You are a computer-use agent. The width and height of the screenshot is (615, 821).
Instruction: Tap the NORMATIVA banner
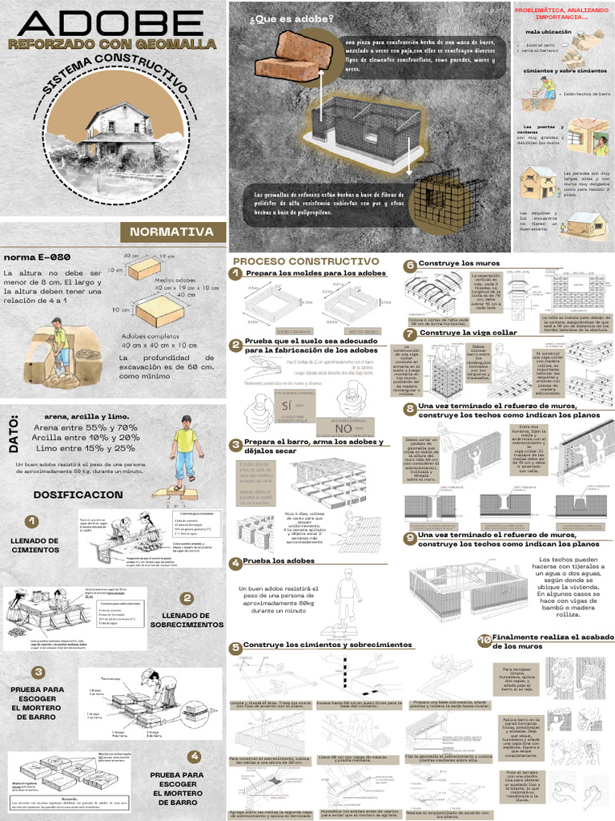coord(171,232)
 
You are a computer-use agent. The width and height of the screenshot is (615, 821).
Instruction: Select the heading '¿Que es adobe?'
coord(281,18)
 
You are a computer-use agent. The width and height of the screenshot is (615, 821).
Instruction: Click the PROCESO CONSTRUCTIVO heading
coord(305,261)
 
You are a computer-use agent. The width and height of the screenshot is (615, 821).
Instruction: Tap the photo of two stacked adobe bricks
coord(293,57)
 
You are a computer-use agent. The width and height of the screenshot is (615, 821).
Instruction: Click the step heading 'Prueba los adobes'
coord(279,560)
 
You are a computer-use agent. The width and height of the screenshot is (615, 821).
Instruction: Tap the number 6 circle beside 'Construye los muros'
coord(410,265)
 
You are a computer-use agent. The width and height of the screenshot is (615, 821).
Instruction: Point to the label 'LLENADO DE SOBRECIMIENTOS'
coord(186,618)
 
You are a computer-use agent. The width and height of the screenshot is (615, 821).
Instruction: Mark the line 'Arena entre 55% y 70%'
coord(74,427)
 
